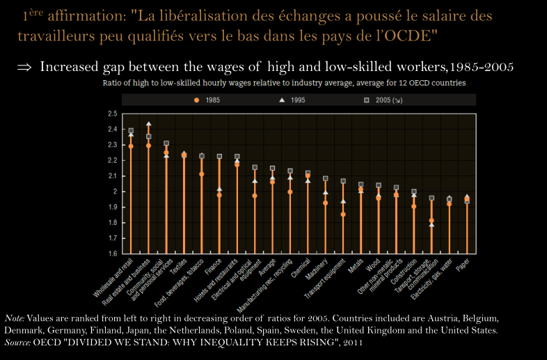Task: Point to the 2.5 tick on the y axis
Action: (112, 114)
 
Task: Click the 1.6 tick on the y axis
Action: (112, 253)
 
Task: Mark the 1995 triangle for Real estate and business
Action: (149, 125)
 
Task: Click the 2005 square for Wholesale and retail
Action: (131, 130)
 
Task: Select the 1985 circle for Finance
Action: (219, 196)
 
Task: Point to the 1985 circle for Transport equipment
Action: (343, 214)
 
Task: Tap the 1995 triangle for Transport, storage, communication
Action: (431, 225)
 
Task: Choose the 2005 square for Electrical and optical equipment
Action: (255, 168)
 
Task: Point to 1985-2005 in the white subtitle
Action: (482, 68)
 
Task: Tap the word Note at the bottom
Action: (14, 318)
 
